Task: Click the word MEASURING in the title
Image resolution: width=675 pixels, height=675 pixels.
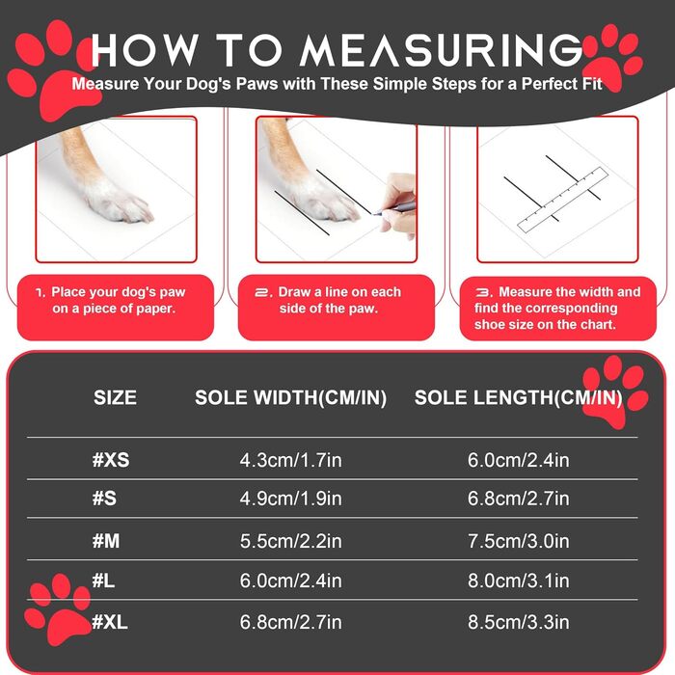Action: pyautogui.click(x=441, y=50)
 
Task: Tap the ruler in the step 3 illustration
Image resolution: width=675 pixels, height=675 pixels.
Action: pyautogui.click(x=562, y=200)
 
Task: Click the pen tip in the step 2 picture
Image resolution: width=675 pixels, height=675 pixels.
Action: pyautogui.click(x=374, y=213)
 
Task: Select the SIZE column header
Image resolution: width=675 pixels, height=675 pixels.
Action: pyautogui.click(x=115, y=397)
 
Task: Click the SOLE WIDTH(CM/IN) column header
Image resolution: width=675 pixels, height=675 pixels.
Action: pyautogui.click(x=290, y=397)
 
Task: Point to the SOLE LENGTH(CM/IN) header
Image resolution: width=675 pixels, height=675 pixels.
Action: pyautogui.click(x=519, y=397)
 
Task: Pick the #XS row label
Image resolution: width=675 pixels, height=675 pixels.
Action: pyautogui.click(x=111, y=460)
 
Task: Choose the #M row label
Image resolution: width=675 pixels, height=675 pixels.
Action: pyautogui.click(x=106, y=540)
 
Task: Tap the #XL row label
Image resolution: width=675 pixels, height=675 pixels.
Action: pyautogui.click(x=110, y=622)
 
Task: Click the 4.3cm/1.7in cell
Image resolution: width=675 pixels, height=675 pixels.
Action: pyautogui.click(x=290, y=460)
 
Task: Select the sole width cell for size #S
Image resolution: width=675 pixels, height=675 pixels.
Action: pyautogui.click(x=290, y=499)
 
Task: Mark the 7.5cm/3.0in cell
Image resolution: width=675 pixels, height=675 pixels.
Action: pyautogui.click(x=519, y=541)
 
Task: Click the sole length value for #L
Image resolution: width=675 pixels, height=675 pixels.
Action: pyautogui.click(x=519, y=580)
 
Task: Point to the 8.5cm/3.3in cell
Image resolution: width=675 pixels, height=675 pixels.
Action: pyautogui.click(x=519, y=622)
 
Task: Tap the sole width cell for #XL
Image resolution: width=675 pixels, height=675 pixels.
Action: pyautogui.click(x=290, y=622)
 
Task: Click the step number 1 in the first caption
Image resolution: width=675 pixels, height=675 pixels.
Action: pyautogui.click(x=40, y=293)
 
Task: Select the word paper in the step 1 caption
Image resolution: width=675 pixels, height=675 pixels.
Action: pyautogui.click(x=156, y=310)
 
